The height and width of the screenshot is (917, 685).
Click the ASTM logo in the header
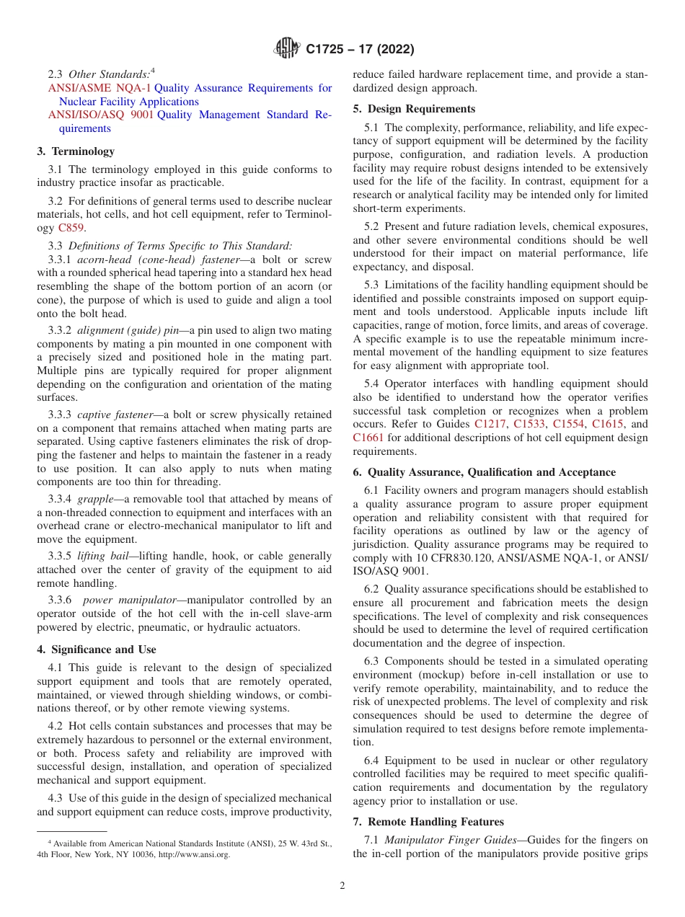pyautogui.click(x=287, y=49)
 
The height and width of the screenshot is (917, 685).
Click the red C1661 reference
pyautogui.click(x=368, y=438)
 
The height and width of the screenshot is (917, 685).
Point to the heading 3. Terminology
pyautogui.click(x=76, y=151)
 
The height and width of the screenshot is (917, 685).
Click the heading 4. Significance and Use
pyautogui.click(x=97, y=650)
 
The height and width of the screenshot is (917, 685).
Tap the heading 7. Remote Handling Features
pyautogui.click(x=428, y=822)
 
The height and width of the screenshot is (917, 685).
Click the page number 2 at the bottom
pyautogui.click(x=342, y=886)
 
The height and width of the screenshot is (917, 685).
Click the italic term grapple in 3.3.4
pyautogui.click(x=97, y=499)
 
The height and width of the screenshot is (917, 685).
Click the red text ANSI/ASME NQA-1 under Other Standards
pyautogui.click(x=99, y=88)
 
